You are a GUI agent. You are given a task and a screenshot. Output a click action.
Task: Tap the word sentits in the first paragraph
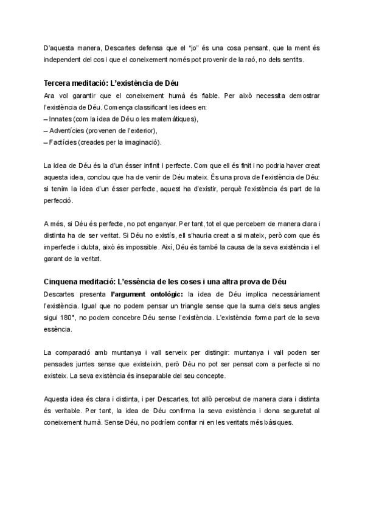click(289, 60)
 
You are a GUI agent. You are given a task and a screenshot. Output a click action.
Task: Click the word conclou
click(101, 176)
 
